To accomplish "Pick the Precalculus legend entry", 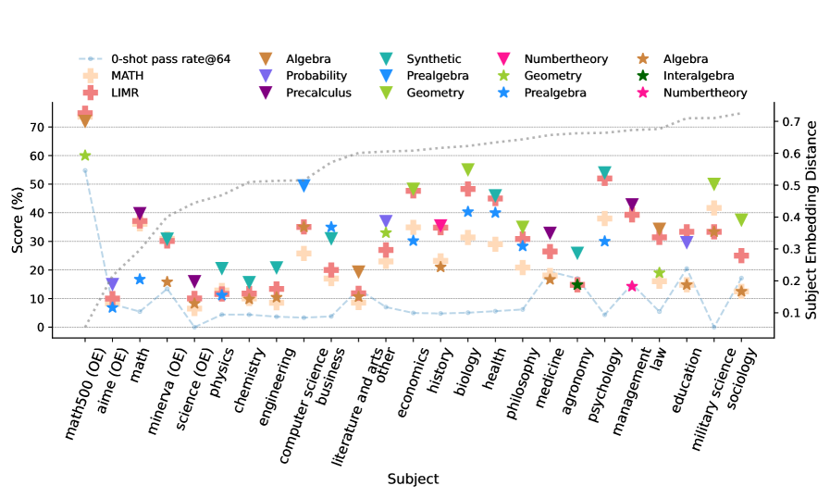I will click(316, 93).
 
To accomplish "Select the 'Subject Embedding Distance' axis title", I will click(811, 218).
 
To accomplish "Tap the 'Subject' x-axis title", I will click(413, 479).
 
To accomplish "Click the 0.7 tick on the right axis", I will click(788, 122).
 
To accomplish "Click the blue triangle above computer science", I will click(304, 185).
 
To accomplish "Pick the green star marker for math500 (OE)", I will click(85, 156).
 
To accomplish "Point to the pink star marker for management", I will click(632, 287).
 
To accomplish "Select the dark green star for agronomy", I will click(577, 285).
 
